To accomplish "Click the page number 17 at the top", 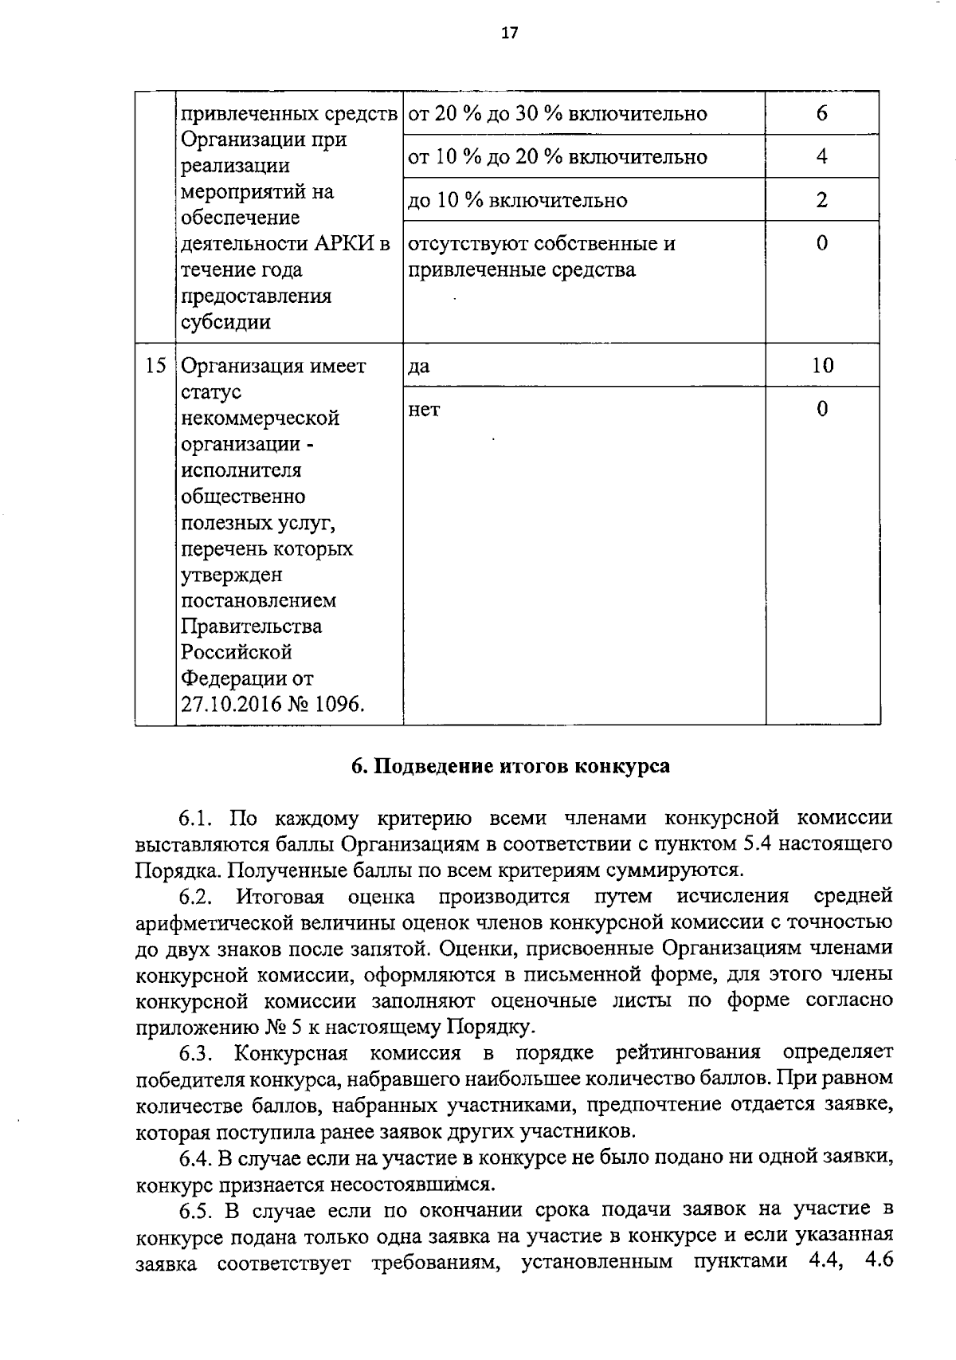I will [x=510, y=33].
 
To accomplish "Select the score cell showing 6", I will [x=821, y=113].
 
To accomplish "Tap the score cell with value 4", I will [x=821, y=156].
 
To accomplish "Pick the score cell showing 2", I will [x=821, y=199].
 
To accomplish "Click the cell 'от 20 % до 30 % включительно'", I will [x=557, y=114].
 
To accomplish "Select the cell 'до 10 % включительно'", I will [x=517, y=200].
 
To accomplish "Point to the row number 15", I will [x=155, y=366].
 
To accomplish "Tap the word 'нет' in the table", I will [x=424, y=410].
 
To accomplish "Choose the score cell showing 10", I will [x=822, y=366].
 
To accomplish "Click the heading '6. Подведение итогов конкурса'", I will [x=510, y=766].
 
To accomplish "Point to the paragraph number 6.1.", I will [x=194, y=818].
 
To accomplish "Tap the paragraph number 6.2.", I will [x=195, y=896].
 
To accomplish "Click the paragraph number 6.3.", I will [x=195, y=1053].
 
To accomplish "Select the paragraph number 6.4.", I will [x=194, y=1157].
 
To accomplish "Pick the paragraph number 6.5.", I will [x=195, y=1210].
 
